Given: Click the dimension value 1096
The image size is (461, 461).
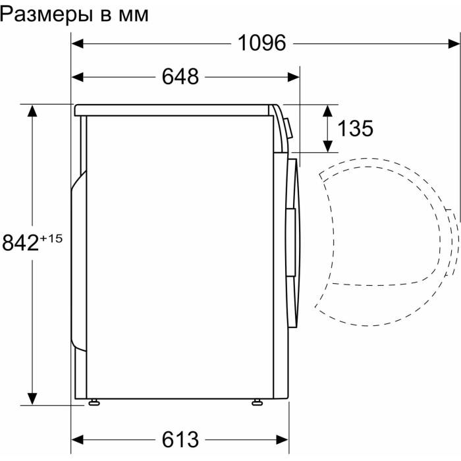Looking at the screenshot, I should tap(261, 43).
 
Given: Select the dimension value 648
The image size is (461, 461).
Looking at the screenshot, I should tap(180, 77).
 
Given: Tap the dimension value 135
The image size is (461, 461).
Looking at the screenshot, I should tap(355, 128).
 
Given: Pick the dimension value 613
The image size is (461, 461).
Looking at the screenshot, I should tap(180, 438).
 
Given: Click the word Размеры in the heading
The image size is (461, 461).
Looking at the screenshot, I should tap(49, 14).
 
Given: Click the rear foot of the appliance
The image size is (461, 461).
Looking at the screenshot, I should tap(94, 402).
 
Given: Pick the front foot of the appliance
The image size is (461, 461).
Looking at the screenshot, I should tap(256, 402).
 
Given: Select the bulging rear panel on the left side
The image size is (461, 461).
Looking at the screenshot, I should tap(78, 260).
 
